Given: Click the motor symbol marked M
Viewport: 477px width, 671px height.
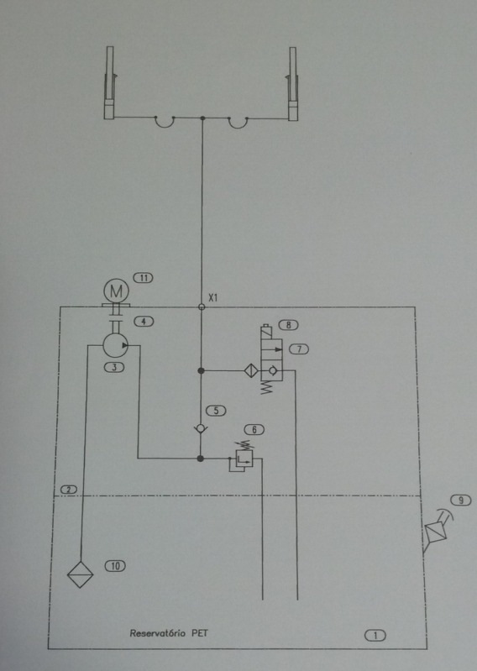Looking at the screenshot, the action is (116, 291).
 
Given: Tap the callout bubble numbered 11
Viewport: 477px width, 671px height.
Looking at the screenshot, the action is (144, 278).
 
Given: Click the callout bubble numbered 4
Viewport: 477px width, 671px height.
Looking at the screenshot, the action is (144, 322).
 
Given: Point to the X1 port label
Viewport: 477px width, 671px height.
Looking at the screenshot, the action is (212, 297).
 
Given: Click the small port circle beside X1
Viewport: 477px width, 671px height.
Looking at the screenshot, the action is (202, 307).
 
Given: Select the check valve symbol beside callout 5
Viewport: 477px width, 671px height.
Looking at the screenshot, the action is (200, 428).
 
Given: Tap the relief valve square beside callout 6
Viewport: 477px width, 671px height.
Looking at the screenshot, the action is (244, 459).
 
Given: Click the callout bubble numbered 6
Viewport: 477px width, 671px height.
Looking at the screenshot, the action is (254, 430).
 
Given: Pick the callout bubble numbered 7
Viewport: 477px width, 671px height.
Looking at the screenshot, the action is (299, 349).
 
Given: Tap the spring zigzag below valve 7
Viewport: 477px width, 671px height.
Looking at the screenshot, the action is (266, 388).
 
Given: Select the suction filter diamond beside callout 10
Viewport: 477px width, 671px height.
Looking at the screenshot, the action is (80, 574).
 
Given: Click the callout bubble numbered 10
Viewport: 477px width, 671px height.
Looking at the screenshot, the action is (116, 566).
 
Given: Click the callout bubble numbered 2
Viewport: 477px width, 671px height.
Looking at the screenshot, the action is (69, 490).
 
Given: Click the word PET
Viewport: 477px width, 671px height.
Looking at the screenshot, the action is (200, 633).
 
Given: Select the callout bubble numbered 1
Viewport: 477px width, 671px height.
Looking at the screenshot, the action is (375, 636).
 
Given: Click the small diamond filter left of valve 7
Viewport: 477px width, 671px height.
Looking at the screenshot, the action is (251, 370).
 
